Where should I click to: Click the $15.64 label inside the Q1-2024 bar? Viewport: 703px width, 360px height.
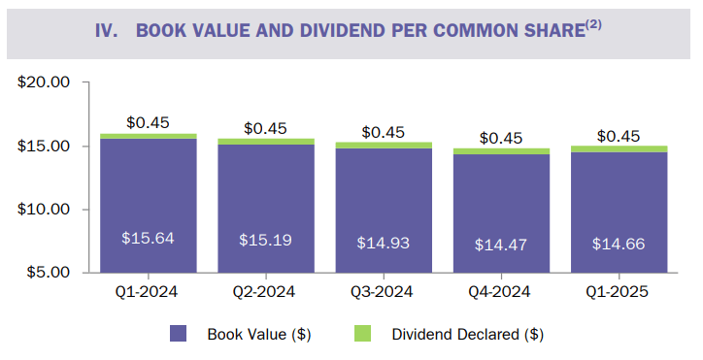coord(148,238)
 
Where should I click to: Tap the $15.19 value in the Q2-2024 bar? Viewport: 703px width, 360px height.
coord(265,239)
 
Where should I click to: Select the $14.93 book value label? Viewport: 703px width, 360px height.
coord(383,242)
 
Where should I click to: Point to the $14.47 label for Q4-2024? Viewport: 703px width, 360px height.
coord(501,245)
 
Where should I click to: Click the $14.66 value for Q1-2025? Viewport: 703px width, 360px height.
coord(619,244)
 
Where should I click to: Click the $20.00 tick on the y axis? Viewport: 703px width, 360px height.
coord(45,82)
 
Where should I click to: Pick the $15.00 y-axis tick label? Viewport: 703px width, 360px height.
coord(45,146)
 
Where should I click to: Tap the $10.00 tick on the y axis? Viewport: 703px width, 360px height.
coord(45,209)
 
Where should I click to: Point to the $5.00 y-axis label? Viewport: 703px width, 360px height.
coord(49,272)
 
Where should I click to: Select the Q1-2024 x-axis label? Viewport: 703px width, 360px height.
coord(148,292)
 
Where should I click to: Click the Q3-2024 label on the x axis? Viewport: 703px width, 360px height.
coord(383,292)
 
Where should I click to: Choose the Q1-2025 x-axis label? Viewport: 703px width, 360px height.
coord(619,292)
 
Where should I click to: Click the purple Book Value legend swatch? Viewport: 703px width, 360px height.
coord(179,334)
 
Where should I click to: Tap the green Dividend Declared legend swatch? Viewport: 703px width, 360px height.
coord(372,334)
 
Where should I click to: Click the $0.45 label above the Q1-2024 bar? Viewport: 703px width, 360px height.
coord(148,122)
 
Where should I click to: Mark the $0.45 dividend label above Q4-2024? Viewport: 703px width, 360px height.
coord(501,138)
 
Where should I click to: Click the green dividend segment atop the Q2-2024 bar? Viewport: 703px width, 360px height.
coord(265,142)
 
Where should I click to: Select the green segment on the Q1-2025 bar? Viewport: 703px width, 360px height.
coord(619,148)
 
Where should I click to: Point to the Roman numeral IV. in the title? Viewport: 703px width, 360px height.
coord(107,29)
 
